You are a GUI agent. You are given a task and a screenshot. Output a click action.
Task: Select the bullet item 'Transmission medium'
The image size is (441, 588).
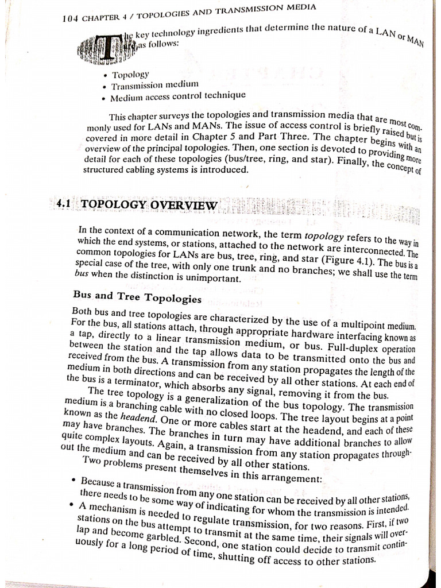(x=154, y=86)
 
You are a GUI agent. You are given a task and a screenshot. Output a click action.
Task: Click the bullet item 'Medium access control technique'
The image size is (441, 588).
(x=178, y=96)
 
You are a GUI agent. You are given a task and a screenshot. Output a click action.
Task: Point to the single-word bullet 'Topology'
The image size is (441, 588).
(x=130, y=75)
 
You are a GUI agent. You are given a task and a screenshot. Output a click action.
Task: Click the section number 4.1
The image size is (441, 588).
(x=66, y=204)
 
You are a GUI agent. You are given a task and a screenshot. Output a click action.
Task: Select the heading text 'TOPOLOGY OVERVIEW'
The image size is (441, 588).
(x=149, y=204)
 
